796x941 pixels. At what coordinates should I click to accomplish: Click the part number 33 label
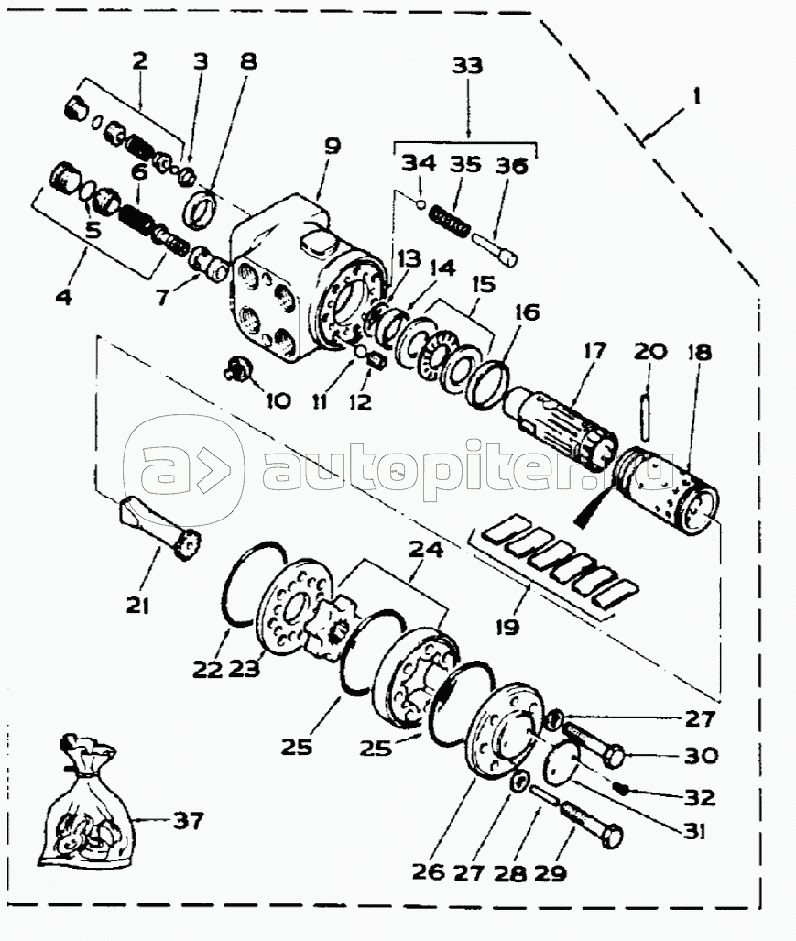466,65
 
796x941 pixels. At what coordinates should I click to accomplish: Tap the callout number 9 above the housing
333,147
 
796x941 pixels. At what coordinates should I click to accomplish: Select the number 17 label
594,351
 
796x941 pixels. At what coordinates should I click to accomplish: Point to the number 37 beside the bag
189,820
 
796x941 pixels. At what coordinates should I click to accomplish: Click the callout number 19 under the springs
507,628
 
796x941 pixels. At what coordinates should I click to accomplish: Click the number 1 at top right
696,96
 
